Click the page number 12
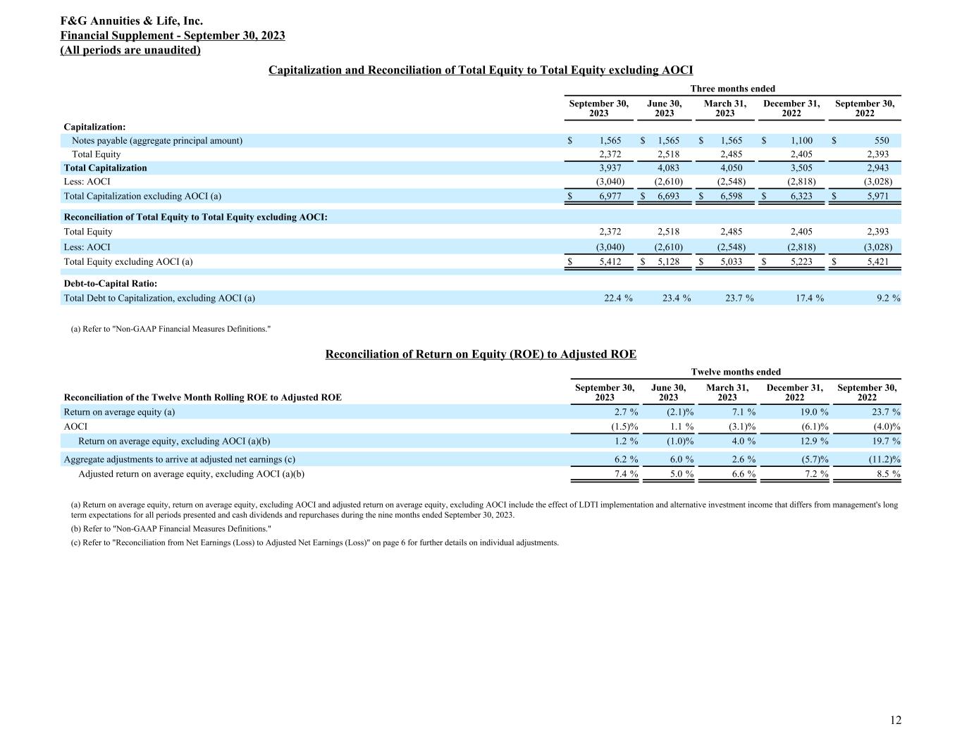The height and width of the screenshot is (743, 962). pos(895,720)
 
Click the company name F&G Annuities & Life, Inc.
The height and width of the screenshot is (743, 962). pos(132,22)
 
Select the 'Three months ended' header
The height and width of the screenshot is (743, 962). pos(732,89)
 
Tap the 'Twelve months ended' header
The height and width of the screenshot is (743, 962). pos(736,372)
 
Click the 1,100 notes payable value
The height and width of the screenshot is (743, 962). pos(801,141)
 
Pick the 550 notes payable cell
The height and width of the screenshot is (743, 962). pos(881,141)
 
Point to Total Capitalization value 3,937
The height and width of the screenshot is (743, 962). pos(610,168)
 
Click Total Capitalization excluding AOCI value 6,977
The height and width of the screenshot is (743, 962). pos(610,196)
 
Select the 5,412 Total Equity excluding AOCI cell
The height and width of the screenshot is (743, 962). pos(610,262)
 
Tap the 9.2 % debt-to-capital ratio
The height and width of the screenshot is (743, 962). pos(885,299)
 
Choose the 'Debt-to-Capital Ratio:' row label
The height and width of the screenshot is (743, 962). pos(110,284)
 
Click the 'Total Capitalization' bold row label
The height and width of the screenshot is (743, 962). pos(106,168)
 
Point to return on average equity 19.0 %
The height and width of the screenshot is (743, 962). pos(813,412)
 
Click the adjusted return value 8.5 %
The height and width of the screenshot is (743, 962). pos(887,474)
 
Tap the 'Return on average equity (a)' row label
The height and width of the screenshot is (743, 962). pos(119,412)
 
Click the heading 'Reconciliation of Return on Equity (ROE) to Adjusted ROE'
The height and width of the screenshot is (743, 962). pos(481,354)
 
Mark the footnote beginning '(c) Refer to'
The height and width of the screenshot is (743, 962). pos(314,543)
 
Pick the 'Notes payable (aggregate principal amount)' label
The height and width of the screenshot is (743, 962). pos(157,141)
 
